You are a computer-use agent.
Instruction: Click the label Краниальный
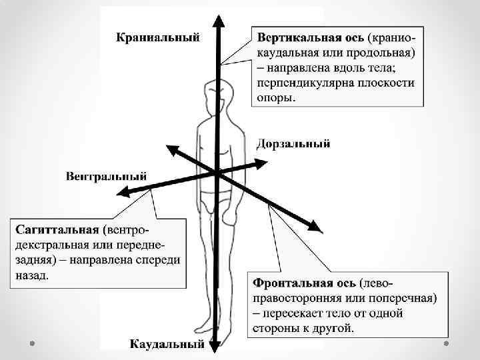tap(157, 36)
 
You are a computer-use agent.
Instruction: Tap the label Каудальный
tap(166, 344)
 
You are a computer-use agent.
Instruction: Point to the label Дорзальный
tap(293, 144)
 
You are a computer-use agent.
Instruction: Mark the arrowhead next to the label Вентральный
tap(123, 193)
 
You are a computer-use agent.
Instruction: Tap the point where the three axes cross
tap(217, 173)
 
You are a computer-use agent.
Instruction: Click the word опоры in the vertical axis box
tap(275, 97)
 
